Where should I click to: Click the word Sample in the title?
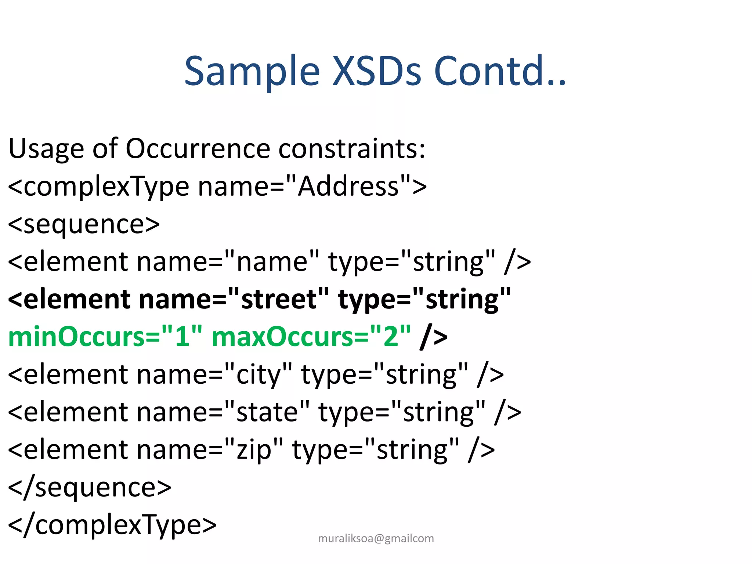tap(252, 71)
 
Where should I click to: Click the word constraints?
tap(352, 148)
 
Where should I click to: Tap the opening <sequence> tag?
tap(84, 224)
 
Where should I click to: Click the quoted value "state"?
tap(267, 412)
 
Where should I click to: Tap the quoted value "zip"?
tap(254, 449)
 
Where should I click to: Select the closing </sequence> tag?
tap(90, 488)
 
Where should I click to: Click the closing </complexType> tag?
tap(112, 525)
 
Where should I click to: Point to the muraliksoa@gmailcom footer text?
tap(376, 538)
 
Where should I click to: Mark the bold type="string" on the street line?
tap(424, 299)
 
